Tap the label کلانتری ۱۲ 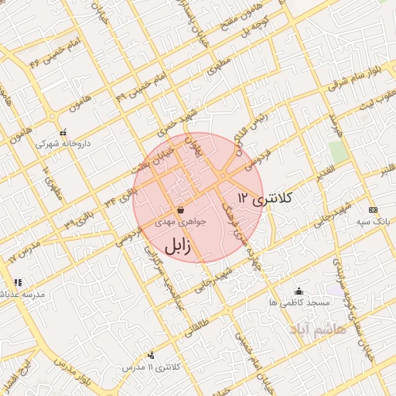click(266, 198)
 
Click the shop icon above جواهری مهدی click(180, 210)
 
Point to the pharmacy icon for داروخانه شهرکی click(63, 132)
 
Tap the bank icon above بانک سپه click(373, 210)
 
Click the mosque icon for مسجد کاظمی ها click(299, 291)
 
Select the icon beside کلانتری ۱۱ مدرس click(150, 355)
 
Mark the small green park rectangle click(336, 150)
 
